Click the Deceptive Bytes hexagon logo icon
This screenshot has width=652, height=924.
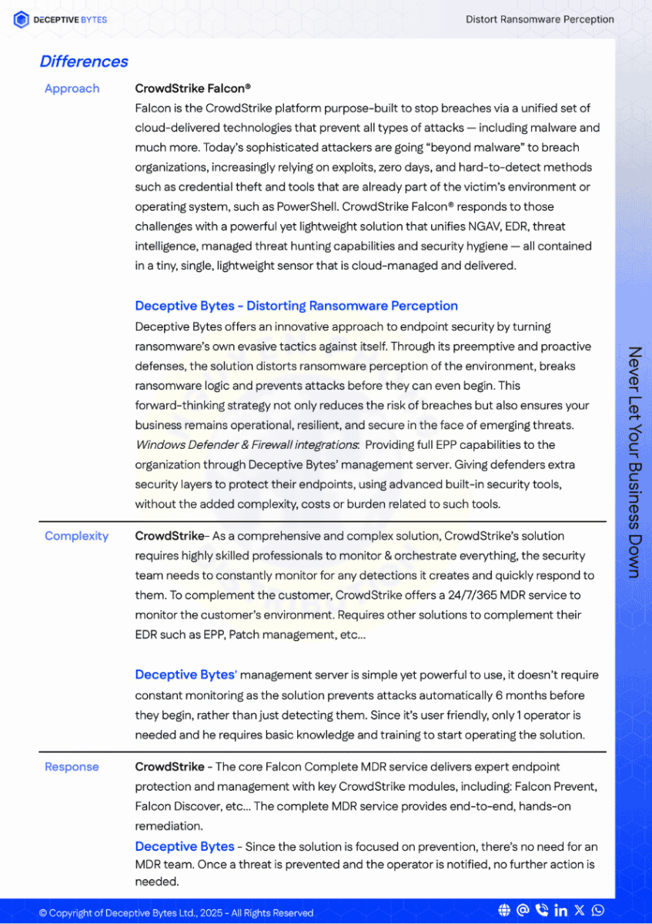click(22, 20)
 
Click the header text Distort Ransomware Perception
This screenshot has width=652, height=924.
click(540, 19)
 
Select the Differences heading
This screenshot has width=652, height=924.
click(84, 62)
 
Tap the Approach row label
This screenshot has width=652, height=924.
click(72, 89)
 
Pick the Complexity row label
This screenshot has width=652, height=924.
click(76, 536)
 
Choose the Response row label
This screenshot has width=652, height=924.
click(72, 767)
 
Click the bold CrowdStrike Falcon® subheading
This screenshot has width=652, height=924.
click(192, 89)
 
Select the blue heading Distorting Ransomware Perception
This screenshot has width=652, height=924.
click(352, 306)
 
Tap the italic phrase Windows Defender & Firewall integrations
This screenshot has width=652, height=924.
click(246, 445)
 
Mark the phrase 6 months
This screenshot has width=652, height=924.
click(523, 695)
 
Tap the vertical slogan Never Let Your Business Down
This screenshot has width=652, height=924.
click(634, 461)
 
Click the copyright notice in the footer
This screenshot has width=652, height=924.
click(176, 913)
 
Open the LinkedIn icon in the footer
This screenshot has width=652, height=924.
click(560, 911)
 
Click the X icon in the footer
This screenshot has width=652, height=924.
click(580, 911)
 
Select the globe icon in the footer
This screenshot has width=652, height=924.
click(504, 911)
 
